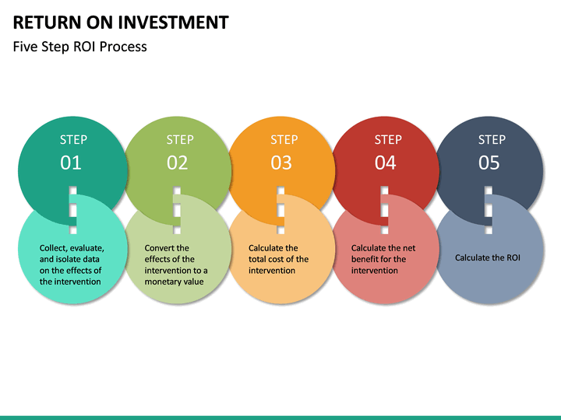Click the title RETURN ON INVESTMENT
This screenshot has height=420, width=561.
[121, 22]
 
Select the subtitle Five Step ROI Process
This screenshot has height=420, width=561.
[79, 47]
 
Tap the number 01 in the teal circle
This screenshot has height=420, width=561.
[71, 163]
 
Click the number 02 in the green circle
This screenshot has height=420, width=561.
[178, 163]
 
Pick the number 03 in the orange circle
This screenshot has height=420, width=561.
[281, 163]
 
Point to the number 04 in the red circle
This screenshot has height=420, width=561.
[386, 163]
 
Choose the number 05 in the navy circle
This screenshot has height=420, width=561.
[489, 163]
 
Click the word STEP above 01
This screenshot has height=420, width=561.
[73, 140]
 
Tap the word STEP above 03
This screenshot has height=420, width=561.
[284, 140]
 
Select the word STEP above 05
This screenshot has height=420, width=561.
[492, 140]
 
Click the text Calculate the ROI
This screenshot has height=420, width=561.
[487, 257]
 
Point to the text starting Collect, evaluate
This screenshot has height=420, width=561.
[71, 264]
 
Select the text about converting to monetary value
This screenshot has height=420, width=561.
[176, 264]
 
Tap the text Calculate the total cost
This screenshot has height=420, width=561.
[278, 259]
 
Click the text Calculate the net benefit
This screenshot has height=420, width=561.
[383, 259]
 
